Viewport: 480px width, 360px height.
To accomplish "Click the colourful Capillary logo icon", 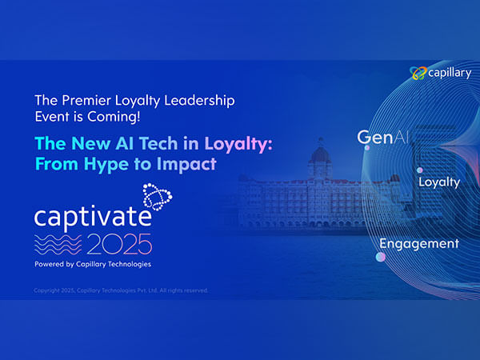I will (x=418, y=74).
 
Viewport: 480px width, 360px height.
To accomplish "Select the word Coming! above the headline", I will (x=119, y=118).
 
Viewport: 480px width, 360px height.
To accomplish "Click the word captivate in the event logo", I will (x=89, y=217).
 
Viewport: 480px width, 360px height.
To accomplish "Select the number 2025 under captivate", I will (x=119, y=242).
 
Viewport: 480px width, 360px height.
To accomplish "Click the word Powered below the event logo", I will (x=51, y=263).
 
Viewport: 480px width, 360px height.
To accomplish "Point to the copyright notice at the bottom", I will (x=120, y=290).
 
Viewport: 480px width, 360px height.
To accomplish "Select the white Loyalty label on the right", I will (x=439, y=182).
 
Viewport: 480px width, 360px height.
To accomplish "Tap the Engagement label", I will (x=418, y=244).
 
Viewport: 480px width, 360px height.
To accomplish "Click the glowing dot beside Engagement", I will (x=382, y=257).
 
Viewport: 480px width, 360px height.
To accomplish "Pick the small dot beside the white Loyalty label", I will (x=418, y=170).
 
